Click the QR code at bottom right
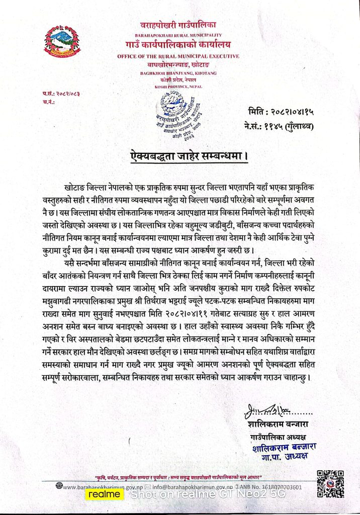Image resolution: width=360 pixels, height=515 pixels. click(330, 483)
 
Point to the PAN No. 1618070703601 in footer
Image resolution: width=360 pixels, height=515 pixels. click(272, 487)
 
